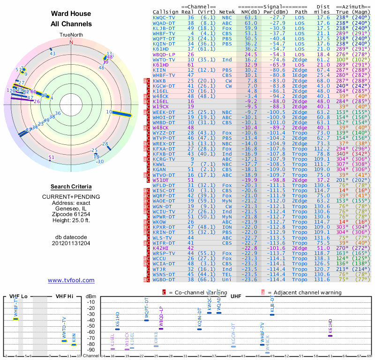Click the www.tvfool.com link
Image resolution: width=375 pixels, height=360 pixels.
click(71, 280)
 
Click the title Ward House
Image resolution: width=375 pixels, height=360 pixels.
click(71, 14)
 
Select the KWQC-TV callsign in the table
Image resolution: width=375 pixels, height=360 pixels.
click(164, 17)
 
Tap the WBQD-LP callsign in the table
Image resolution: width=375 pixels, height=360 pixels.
click(164, 54)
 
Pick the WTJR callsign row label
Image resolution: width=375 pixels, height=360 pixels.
click(159, 269)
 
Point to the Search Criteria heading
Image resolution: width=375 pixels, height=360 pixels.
click(71, 186)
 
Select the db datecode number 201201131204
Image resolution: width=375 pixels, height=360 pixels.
click(71, 243)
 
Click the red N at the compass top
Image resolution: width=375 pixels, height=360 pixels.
click(71, 42)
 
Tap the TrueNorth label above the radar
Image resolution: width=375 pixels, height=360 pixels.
click(71, 35)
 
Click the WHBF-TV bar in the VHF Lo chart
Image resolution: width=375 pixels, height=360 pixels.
click(15, 319)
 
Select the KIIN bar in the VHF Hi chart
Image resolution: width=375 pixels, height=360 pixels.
click(74, 345)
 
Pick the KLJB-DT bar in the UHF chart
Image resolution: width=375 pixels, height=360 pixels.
click(272, 315)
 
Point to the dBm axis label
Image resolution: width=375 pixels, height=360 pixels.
click(90, 297)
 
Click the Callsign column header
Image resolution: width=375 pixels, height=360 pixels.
click(166, 11)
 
